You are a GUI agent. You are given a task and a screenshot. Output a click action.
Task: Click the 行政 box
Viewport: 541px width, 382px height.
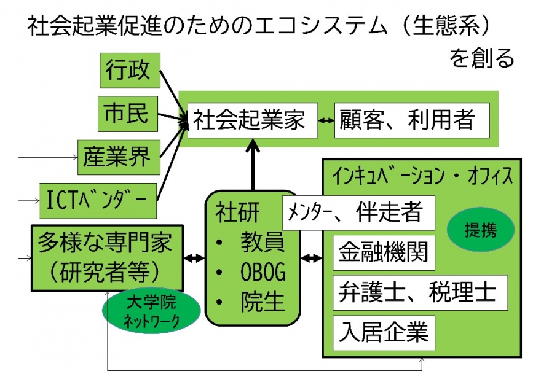point(128,70)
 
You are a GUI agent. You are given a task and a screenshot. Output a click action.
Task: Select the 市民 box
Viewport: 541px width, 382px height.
point(128,113)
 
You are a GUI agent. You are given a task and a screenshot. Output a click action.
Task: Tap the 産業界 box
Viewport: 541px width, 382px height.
point(117,157)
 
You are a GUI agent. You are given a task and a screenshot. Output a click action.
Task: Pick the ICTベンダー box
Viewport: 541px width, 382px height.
point(98,200)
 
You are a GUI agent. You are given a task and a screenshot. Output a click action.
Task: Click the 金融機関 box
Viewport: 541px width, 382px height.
point(384,252)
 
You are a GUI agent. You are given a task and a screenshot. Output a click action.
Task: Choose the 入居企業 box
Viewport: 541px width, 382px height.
point(384,333)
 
